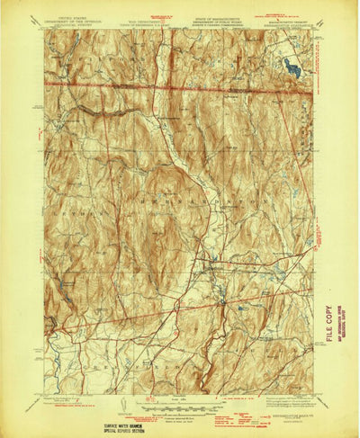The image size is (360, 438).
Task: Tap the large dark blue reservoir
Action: [x=292, y=66]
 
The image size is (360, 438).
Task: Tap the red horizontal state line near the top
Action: [x=180, y=85]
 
